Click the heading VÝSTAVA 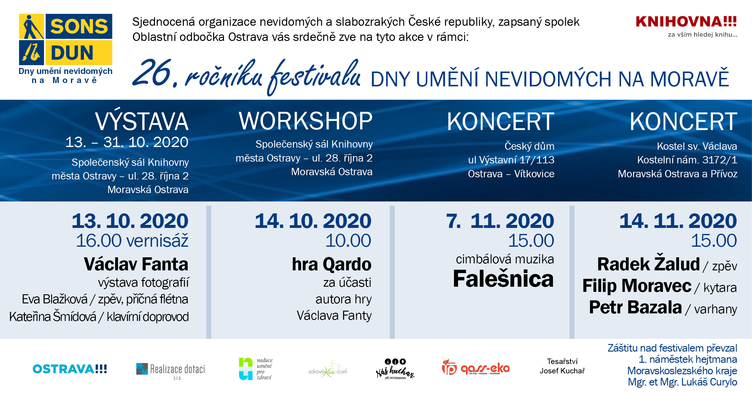coord(142,122)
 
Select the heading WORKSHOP coord(306,121)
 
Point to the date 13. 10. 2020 coord(130,221)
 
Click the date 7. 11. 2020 coord(500,221)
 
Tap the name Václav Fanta coord(136,264)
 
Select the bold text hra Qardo coord(332,264)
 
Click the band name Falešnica coord(503,279)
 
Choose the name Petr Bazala coord(635,307)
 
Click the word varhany coord(716,309)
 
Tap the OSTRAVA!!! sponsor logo coord(70,369)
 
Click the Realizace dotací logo coord(171,370)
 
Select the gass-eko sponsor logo coord(476,368)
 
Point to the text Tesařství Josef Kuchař coord(562,366)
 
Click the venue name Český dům coord(529,146)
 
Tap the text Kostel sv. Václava coord(697,146)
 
